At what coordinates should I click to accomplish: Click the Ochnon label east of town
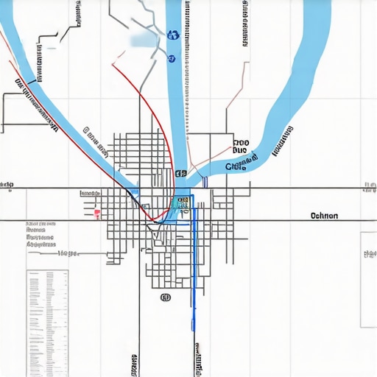pos(324,216)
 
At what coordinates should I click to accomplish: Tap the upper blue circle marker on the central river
pos(173,34)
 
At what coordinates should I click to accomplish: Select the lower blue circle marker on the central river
pos(172,57)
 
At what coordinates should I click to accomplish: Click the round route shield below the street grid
pos(165,297)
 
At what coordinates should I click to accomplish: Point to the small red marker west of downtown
pos(96,214)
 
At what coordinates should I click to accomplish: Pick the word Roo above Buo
pos(241,144)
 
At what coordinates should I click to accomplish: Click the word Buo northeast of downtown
pos(241,155)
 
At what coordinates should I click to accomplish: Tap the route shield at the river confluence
pos(180,174)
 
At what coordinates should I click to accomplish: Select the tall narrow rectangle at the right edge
pos(367,280)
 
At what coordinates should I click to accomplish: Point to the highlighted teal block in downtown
pos(182,200)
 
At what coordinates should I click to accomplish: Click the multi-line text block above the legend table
pos(41,236)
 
